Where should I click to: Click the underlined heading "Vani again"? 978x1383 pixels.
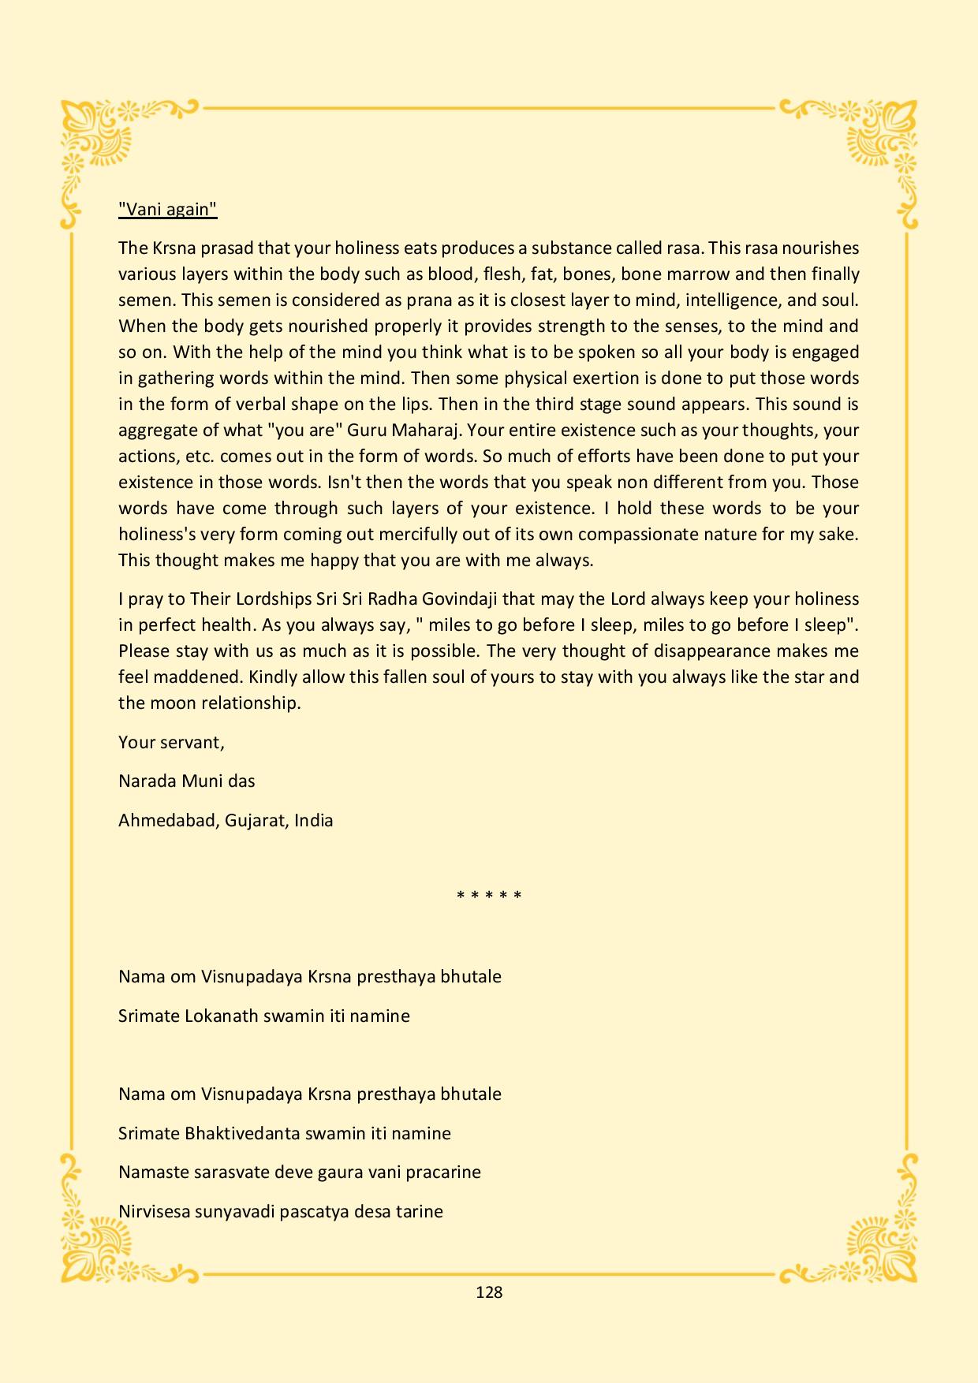pos(167,209)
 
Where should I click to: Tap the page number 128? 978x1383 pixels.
pos(489,1292)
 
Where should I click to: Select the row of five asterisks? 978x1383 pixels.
pos(489,896)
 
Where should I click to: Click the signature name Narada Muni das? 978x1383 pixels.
pos(186,781)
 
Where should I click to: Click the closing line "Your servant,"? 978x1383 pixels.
pos(171,742)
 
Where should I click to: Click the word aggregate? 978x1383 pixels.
pos(156,431)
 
